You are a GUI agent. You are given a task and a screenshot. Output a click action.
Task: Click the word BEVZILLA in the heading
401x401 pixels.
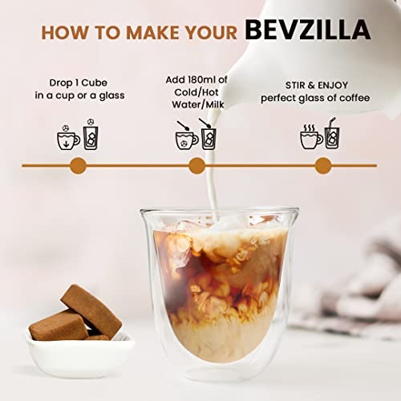click(308, 30)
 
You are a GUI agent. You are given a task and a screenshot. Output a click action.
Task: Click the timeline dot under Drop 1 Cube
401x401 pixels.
click(78, 165)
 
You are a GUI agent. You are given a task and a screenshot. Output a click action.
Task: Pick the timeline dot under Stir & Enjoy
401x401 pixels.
click(323, 165)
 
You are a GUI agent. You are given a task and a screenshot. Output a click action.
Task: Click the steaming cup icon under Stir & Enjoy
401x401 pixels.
click(311, 136)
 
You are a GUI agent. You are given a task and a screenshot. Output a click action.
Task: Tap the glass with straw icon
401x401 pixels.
click(332, 134)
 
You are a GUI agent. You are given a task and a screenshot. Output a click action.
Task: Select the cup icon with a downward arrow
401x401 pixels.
click(68, 137)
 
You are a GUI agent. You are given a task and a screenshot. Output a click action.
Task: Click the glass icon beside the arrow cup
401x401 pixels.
click(91, 134)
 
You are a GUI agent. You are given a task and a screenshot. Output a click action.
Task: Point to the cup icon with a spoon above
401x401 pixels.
click(186, 136)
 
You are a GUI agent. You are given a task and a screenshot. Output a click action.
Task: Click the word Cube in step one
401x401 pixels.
click(94, 83)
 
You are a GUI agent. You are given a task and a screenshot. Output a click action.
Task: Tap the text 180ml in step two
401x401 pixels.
click(200, 79)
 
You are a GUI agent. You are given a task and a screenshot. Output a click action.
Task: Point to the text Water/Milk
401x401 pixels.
click(198, 104)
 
